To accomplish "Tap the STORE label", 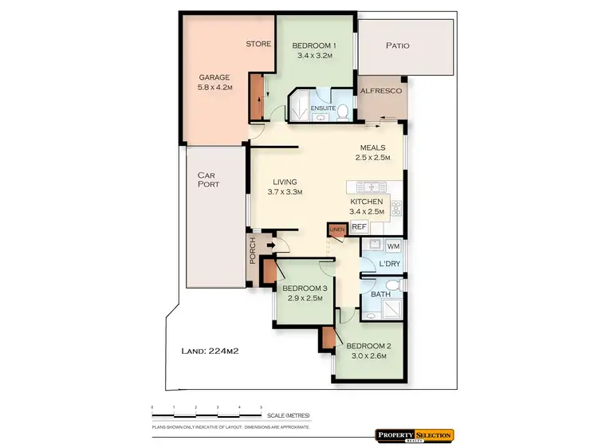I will coord(258,44).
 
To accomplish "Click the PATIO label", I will coord(397,45).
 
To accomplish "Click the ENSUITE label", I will coord(323,108).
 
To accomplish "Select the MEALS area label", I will coord(372,147).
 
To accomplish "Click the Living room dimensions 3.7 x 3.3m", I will coord(285,192).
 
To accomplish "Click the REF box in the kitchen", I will coord(359,227).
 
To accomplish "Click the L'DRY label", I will coord(389,264).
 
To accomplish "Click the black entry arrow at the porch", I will coord(269,245).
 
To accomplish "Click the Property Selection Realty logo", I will coord(414,434).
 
